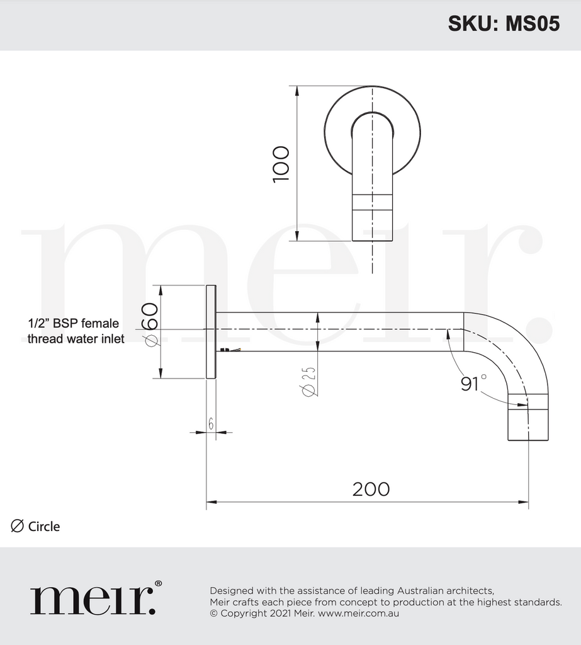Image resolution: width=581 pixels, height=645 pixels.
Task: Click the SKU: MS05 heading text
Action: pos(503,23)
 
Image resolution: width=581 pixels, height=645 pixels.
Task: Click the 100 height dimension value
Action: pos(281,164)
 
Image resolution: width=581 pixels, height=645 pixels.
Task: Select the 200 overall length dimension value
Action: pos(371,489)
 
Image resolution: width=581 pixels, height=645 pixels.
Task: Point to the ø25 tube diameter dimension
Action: pos(308,381)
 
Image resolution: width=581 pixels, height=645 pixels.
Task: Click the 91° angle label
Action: pos(473,383)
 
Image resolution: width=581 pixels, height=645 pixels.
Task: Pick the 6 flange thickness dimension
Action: pos(211,424)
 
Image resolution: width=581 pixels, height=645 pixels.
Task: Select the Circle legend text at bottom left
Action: pos(44,527)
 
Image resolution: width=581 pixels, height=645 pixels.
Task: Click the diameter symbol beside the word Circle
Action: pos(18,526)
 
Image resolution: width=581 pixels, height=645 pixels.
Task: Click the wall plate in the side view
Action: pos(211,332)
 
